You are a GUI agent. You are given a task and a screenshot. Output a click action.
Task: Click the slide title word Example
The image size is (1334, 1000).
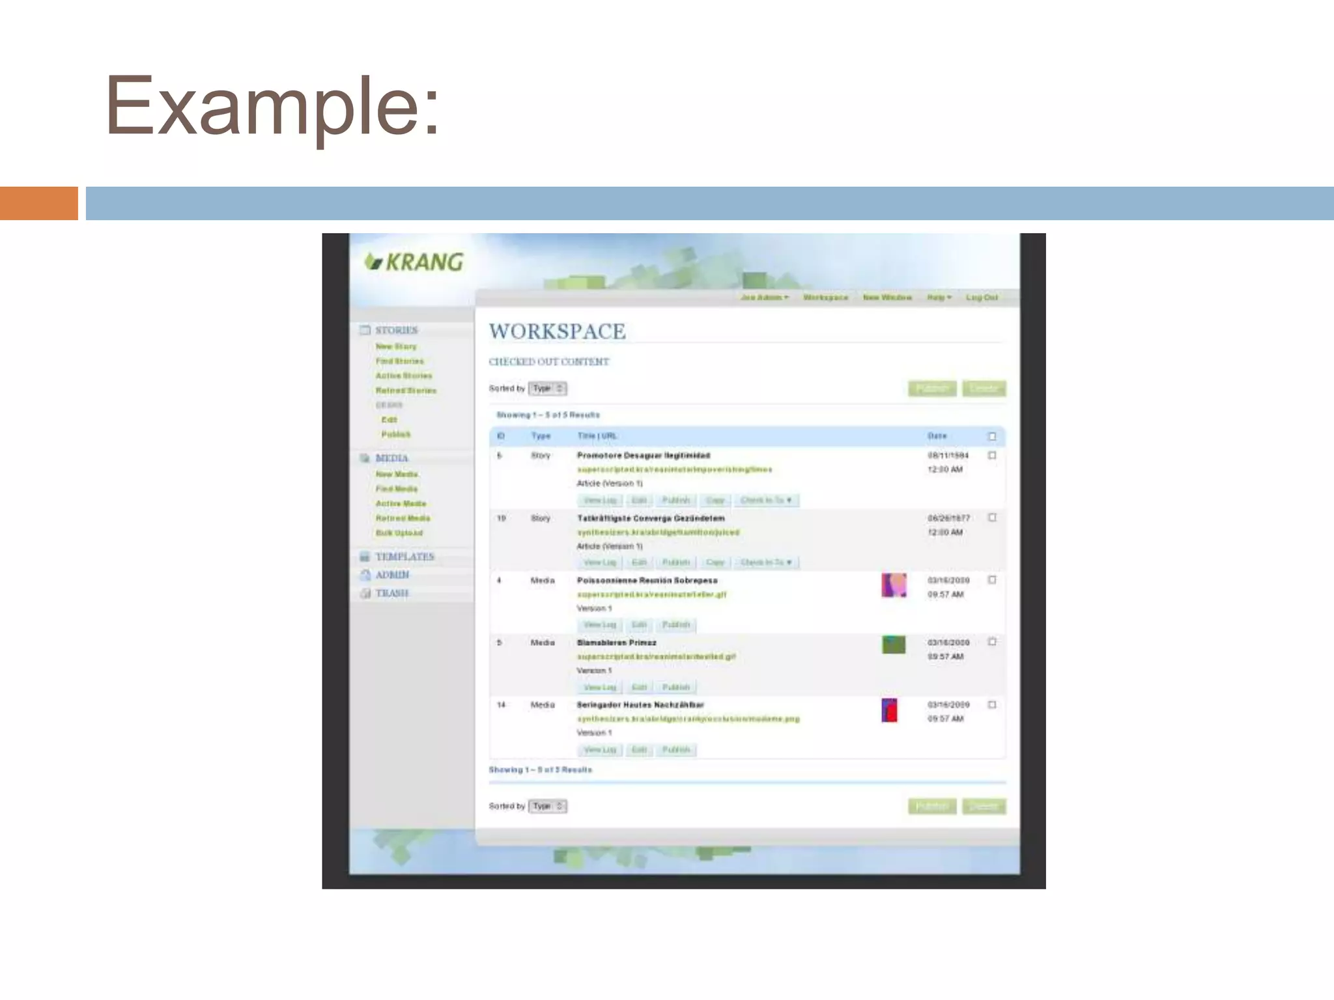click(x=272, y=106)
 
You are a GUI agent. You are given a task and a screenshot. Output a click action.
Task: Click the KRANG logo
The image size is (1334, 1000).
click(x=414, y=262)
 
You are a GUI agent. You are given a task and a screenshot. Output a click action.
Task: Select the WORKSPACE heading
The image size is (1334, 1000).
click(x=557, y=331)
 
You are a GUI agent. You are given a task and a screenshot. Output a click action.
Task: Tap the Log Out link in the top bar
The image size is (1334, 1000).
click(x=982, y=298)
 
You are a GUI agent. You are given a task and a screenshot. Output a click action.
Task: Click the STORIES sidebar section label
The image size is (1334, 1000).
click(x=396, y=330)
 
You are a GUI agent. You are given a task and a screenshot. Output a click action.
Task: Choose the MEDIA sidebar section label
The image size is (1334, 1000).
click(x=391, y=458)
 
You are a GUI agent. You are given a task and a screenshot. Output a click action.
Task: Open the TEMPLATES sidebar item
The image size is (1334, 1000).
click(x=404, y=557)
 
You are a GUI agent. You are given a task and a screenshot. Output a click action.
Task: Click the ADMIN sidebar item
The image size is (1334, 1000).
click(x=392, y=575)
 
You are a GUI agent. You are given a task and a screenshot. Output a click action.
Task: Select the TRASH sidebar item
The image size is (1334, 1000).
click(x=391, y=593)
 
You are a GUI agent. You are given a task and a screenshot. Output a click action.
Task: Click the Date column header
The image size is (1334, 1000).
click(x=937, y=436)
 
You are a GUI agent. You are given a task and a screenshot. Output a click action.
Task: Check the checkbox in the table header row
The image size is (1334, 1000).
click(x=992, y=436)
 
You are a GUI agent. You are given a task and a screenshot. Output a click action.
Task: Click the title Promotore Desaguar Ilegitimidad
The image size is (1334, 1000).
click(x=644, y=455)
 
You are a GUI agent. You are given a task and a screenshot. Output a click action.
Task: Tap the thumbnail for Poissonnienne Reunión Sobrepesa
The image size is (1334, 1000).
click(x=894, y=585)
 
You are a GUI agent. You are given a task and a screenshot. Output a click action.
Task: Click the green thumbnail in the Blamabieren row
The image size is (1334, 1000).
click(x=894, y=645)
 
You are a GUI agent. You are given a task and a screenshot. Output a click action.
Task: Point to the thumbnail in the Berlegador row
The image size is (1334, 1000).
click(x=889, y=710)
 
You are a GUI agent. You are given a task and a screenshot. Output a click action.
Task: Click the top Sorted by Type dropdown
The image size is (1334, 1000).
click(x=547, y=389)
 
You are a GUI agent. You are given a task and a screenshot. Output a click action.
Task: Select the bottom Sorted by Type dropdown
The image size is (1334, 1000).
click(x=547, y=806)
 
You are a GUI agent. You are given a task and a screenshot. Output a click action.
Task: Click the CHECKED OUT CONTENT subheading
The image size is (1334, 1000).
click(x=549, y=362)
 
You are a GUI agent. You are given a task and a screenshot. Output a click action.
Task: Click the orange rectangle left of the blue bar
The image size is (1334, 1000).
click(x=38, y=203)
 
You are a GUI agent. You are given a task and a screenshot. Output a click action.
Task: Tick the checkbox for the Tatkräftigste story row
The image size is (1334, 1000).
click(x=992, y=518)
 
